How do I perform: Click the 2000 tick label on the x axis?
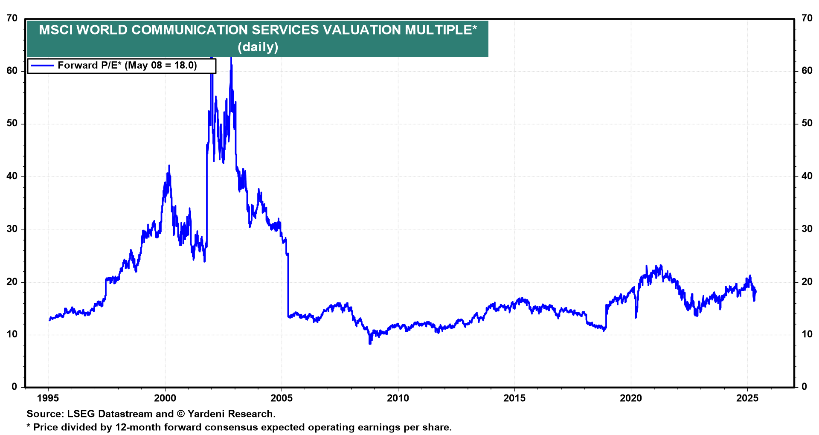click(x=165, y=398)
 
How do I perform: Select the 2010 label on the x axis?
click(x=398, y=398)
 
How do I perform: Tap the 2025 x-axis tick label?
click(x=747, y=398)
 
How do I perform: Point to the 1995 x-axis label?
click(x=48, y=398)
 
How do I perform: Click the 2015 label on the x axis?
click(x=514, y=398)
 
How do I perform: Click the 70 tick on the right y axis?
click(x=807, y=18)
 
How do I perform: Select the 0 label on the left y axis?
click(x=15, y=387)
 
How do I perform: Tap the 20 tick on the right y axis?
click(x=807, y=282)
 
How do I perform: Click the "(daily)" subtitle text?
click(x=258, y=46)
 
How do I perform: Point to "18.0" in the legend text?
click(x=185, y=66)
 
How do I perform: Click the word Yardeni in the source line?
click(x=207, y=414)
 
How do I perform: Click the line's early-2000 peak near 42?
click(x=169, y=165)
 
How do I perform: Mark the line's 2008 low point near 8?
click(x=370, y=343)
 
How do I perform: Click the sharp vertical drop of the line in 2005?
click(x=288, y=286)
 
